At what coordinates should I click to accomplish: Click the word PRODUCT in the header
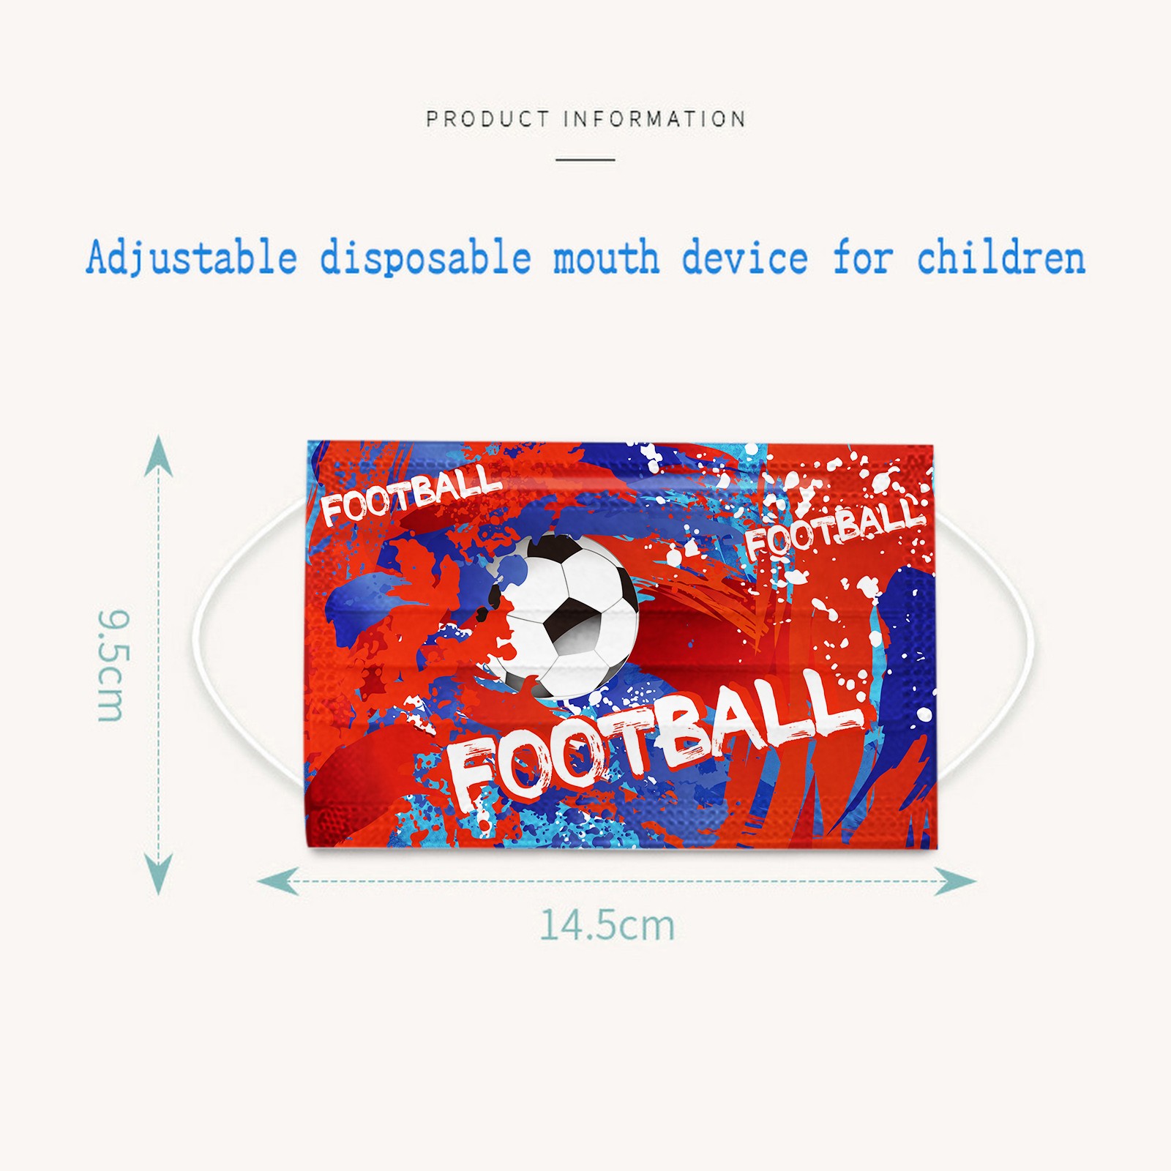pyautogui.click(x=487, y=119)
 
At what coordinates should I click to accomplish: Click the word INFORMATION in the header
pyautogui.click(x=655, y=119)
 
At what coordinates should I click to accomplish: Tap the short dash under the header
pyautogui.click(x=585, y=159)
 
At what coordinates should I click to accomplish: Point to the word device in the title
pyautogui.click(x=745, y=258)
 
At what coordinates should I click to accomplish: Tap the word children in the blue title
pyautogui.click(x=1001, y=258)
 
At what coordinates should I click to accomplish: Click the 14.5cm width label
pyautogui.click(x=607, y=924)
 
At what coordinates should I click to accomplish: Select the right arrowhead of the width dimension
pyautogui.click(x=956, y=881)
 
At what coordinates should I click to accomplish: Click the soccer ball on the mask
pyautogui.click(x=562, y=616)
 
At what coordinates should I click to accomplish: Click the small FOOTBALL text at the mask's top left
pyautogui.click(x=411, y=495)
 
